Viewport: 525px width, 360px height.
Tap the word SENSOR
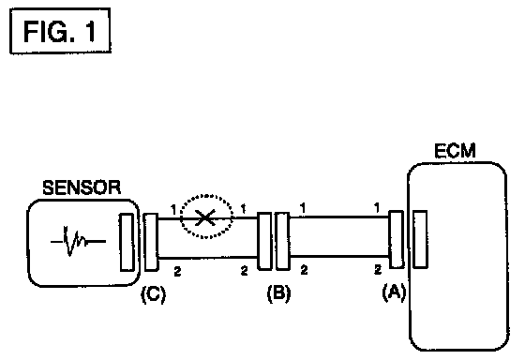(x=82, y=187)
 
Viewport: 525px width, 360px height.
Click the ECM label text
(x=455, y=151)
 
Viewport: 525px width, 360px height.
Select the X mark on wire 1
(x=204, y=217)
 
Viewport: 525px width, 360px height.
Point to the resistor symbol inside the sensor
(x=78, y=241)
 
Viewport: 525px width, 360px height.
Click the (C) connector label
(x=154, y=294)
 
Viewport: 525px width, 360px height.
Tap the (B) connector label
(x=279, y=293)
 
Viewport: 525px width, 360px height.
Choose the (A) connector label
(x=395, y=292)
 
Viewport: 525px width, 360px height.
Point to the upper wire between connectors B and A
(x=339, y=217)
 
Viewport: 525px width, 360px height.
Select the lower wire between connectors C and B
(x=207, y=258)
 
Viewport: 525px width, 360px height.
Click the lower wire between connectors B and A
(x=339, y=256)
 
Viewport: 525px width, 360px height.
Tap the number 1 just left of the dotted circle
(x=173, y=210)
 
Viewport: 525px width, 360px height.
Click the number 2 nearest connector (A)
(x=378, y=269)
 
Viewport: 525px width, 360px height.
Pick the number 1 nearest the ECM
(x=377, y=208)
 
